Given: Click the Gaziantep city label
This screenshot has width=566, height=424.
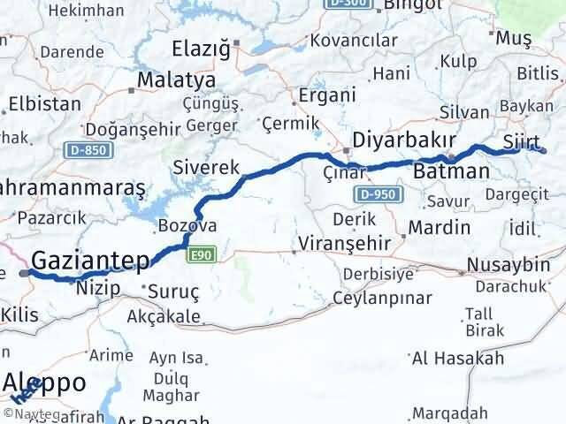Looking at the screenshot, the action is [91, 260].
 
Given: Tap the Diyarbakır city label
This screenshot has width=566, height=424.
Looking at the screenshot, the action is [403, 140].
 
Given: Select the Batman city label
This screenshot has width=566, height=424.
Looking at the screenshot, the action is [451, 170].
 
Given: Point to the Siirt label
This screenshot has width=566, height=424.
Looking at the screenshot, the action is [520, 140].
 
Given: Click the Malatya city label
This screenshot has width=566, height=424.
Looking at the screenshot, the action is [167, 82].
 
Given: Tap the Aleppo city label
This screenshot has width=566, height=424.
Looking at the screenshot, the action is [45, 382].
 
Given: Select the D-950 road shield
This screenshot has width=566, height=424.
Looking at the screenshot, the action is [375, 193].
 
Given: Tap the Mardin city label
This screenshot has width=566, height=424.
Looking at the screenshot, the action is [439, 227].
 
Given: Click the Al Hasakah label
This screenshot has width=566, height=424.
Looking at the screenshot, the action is [458, 358].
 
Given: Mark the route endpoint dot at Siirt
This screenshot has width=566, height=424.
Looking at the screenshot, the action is [546, 151].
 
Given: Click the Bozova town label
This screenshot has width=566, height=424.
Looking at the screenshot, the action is [187, 226].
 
